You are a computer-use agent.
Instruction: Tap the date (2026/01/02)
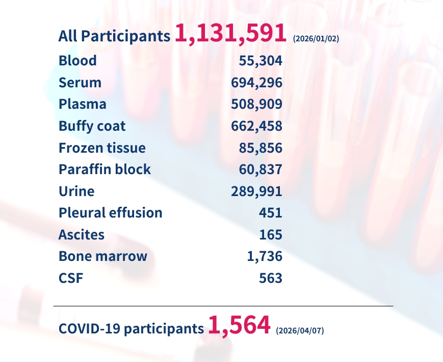tap(316, 39)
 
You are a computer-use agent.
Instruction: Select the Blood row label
tap(77, 61)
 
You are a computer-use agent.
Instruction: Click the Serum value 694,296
tap(256, 83)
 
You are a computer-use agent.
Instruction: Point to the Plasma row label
tap(83, 104)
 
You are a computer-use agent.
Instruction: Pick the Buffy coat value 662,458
tap(256, 126)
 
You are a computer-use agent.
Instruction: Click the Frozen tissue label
tap(102, 148)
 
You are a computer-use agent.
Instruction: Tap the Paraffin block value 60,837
tap(260, 170)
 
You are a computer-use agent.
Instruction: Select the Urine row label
tap(76, 191)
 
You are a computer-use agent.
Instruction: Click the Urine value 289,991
tap(256, 191)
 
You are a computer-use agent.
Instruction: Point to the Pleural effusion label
tap(111, 213)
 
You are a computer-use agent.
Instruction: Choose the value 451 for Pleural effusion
tap(270, 213)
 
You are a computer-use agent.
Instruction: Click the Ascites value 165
tap(270, 235)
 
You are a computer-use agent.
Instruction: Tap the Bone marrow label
tap(103, 256)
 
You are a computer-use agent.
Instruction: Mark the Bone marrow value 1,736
tap(264, 256)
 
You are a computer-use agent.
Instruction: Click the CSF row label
tap(70, 278)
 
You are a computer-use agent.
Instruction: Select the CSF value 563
tap(270, 278)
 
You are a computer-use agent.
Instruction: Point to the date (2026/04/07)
tap(300, 330)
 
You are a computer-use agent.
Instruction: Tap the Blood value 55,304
tap(260, 61)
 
